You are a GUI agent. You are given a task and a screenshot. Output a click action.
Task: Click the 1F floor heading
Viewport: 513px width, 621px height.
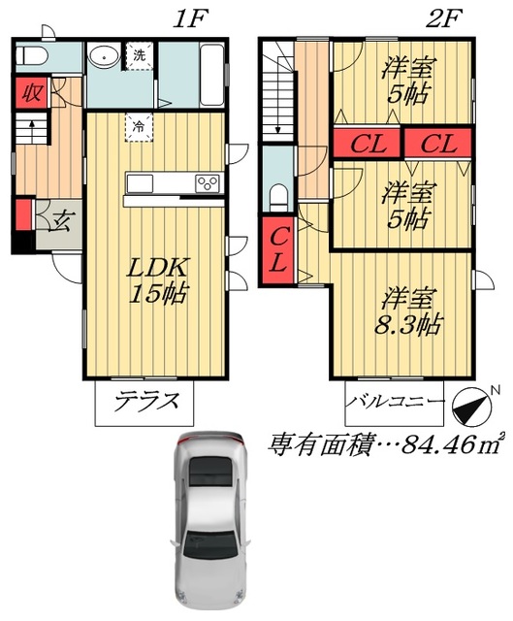click(190, 19)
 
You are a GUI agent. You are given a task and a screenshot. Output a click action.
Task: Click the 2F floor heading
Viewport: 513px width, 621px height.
click(438, 19)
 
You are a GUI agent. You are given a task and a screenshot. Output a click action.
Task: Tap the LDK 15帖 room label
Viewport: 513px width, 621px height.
click(157, 280)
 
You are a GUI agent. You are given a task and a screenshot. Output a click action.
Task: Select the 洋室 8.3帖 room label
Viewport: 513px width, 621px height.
click(407, 312)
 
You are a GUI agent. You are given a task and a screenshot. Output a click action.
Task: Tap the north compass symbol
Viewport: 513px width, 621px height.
click(471, 406)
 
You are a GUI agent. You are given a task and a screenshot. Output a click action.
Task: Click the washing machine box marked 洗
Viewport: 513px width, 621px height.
click(139, 56)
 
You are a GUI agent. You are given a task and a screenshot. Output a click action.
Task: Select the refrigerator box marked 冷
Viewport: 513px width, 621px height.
click(139, 127)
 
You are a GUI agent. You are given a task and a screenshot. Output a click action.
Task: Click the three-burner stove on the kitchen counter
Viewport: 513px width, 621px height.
click(208, 183)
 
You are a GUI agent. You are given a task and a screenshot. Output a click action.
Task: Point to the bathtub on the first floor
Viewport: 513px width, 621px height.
click(212, 75)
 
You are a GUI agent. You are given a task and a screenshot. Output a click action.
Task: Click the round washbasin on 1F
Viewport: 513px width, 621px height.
click(104, 57)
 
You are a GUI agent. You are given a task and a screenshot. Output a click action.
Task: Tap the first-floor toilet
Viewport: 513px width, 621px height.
click(32, 56)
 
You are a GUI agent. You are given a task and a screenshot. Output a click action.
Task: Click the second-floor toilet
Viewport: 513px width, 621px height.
click(280, 198)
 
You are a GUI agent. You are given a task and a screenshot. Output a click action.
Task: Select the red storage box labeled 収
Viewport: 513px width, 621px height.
click(32, 93)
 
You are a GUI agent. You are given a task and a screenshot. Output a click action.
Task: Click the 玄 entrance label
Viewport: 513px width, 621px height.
click(61, 222)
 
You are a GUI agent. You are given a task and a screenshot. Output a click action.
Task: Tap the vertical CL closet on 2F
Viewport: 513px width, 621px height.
click(278, 250)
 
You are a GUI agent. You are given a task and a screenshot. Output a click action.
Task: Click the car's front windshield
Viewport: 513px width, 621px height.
click(209, 472)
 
